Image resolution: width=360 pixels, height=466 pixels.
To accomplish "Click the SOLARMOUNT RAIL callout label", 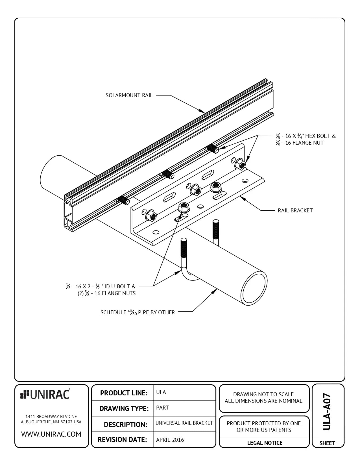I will coord(129,95).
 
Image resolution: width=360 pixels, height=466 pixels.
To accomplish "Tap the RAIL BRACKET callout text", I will coord(295,210).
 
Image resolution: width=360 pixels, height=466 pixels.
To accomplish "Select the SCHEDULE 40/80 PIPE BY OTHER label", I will coord(138,312).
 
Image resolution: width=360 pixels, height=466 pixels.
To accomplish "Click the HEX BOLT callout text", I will coord(306,136).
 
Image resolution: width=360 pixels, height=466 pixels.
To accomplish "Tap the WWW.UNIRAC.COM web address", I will coord(51,434).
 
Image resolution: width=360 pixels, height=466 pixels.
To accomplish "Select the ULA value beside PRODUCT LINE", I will coord(161,392).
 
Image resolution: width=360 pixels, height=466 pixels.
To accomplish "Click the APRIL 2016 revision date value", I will coord(170,440).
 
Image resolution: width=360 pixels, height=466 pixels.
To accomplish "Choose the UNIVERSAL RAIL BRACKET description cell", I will coord(184,423).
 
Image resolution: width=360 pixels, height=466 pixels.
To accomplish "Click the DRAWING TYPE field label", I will coord(124,408).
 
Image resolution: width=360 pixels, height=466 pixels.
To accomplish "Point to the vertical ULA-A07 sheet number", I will coord(327,412).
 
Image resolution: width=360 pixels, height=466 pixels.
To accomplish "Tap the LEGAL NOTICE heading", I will coord(265,443).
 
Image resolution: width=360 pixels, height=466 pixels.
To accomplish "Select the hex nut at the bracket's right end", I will coord(240,164).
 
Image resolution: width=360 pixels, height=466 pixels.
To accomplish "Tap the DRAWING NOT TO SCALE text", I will coord(263,394).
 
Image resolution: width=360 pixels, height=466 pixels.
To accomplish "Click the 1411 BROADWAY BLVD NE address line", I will coord(51,416).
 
